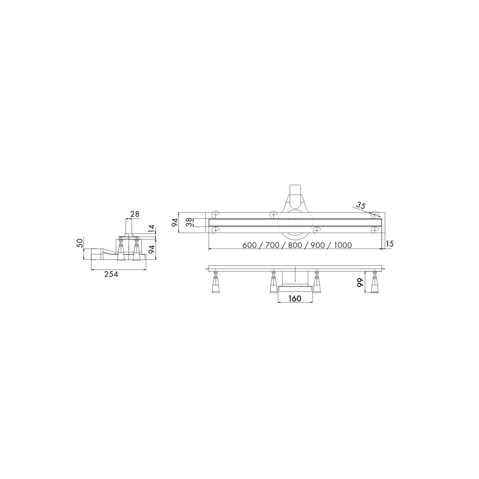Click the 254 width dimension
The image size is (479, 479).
111,274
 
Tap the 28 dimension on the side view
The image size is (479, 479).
135,214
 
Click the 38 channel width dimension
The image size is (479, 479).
189,222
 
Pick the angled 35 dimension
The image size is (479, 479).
361,205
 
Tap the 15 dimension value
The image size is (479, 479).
390,244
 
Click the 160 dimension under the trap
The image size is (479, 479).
295,298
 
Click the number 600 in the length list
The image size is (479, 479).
249,245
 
